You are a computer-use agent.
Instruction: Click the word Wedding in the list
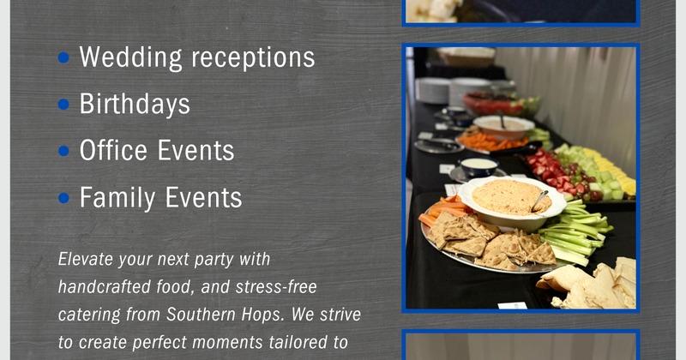click(x=129, y=57)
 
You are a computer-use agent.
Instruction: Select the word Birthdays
click(x=135, y=105)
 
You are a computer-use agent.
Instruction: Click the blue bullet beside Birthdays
click(x=63, y=105)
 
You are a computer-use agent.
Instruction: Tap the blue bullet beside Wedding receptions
click(x=63, y=57)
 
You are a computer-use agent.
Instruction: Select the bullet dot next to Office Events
click(x=63, y=151)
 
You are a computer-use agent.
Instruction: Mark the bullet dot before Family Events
click(x=63, y=198)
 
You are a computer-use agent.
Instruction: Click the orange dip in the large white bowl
click(x=508, y=196)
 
